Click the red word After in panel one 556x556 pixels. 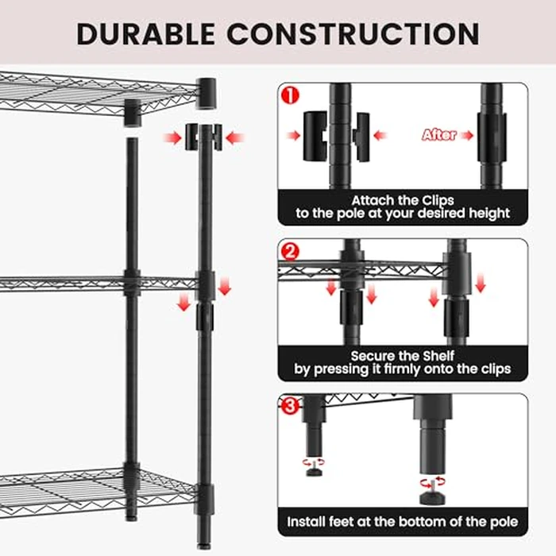439,135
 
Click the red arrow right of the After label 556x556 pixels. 466,135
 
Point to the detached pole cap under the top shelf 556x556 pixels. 132,113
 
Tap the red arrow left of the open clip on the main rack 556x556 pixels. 172,138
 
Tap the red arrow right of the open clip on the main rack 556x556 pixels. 234,138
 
